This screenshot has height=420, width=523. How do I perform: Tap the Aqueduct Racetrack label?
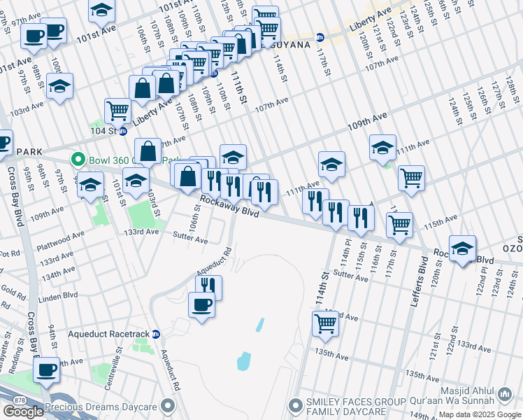[110, 334]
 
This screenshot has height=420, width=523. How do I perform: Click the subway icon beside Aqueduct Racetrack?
[157, 334]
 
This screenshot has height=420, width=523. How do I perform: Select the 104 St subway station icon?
[122, 131]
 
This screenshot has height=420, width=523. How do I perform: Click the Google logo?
[23, 411]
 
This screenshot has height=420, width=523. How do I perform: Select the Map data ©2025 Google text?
[479, 414]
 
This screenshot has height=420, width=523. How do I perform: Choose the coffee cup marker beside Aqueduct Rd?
[202, 304]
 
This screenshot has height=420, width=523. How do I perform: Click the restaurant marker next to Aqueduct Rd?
[208, 287]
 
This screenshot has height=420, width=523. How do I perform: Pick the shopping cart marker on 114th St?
[325, 323]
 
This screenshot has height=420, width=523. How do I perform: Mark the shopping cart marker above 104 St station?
[117, 110]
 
